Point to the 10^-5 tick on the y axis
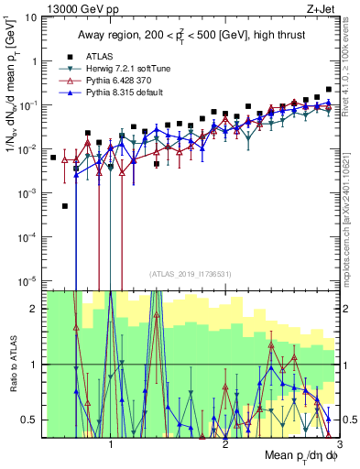point(28,280)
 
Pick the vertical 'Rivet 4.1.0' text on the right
point(351,69)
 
